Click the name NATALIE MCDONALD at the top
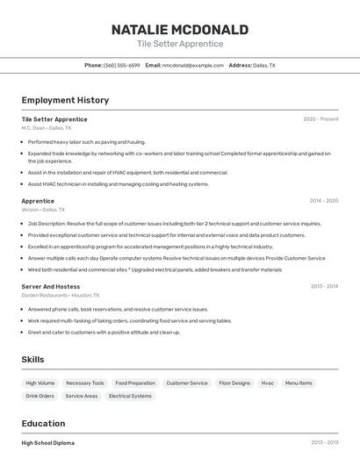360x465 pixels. click(x=180, y=30)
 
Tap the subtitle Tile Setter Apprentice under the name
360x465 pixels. click(x=180, y=44)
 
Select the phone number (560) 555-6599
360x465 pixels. click(x=121, y=66)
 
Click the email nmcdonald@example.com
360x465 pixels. click(x=193, y=66)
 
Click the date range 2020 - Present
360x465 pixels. click(x=320, y=119)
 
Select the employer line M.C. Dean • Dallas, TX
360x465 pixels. click(x=47, y=128)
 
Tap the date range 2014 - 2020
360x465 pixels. click(x=324, y=201)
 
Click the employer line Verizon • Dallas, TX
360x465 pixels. click(x=43, y=210)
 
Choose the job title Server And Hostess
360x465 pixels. click(x=51, y=286)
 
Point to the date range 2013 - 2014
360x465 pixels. click(x=324, y=286)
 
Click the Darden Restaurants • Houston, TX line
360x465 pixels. click(x=61, y=296)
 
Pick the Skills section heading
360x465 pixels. click(x=33, y=360)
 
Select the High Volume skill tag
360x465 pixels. click(x=40, y=383)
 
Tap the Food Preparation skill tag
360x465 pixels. click(x=135, y=383)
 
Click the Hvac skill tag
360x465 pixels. click(x=268, y=383)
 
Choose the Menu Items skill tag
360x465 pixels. click(x=299, y=383)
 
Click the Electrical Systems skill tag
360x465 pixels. click(x=130, y=397)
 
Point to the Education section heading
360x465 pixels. click(x=43, y=423)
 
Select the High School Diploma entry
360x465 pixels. click(x=48, y=443)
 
